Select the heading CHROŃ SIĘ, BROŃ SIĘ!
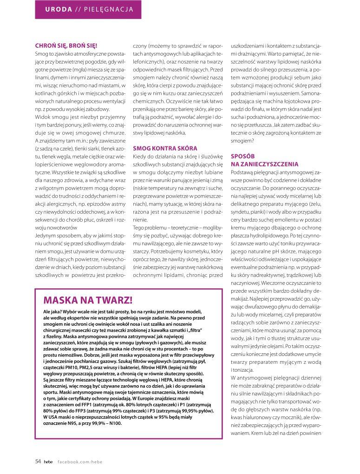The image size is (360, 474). (x=66, y=46)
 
